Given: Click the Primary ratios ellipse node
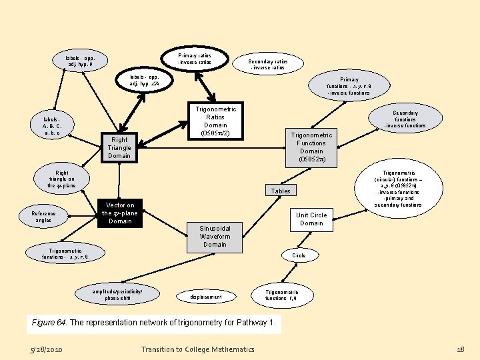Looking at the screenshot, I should [195, 59].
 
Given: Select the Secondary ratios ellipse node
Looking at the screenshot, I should [267, 63].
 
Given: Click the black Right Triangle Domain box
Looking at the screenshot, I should [119, 147].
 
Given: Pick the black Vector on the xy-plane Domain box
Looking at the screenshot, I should [120, 213].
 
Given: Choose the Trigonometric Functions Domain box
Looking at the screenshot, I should [311, 147].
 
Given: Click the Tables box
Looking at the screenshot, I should [281, 191].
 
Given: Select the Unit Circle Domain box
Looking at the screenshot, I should [311, 219].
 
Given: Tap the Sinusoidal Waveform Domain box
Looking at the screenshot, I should [215, 236].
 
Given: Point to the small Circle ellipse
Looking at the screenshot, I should [299, 255].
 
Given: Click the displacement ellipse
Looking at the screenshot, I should [206, 296].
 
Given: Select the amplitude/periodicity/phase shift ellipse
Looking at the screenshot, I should [118, 295].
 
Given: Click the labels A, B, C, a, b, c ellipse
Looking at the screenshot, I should [52, 126].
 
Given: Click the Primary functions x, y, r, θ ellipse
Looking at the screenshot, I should [348, 85].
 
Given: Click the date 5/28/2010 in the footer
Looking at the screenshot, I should [47, 349].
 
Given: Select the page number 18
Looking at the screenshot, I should [460, 349].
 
